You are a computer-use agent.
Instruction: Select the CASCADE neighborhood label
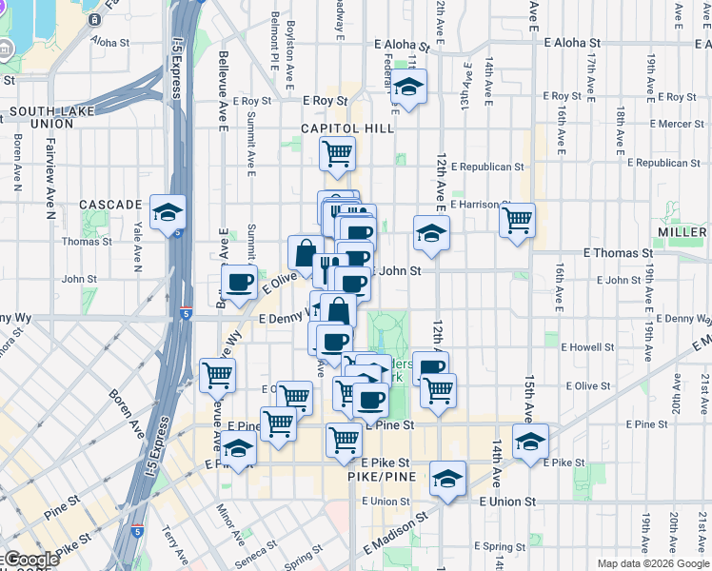110,205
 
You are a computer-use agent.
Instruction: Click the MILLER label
682,232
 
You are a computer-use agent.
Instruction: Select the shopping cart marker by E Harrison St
517,221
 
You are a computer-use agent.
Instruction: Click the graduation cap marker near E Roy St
408,87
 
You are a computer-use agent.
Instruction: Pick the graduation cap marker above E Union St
447,479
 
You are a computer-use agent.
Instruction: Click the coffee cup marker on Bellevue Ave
239,282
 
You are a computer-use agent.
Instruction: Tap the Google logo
30,560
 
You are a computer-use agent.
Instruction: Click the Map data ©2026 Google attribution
652,563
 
